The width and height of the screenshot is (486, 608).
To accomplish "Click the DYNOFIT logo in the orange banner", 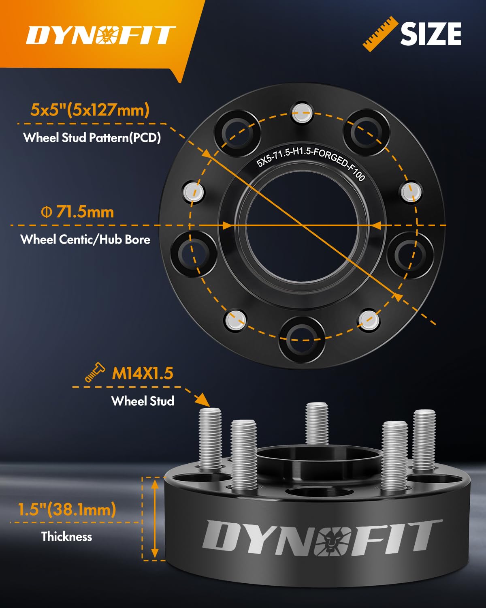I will click(100, 35).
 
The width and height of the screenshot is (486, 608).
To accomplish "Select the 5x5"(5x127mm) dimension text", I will click(90, 110).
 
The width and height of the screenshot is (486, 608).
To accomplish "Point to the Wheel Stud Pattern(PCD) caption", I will click(92, 138).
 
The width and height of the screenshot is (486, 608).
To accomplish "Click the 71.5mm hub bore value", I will click(78, 212).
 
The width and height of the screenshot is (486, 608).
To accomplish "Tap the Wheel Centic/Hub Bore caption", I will click(85, 239).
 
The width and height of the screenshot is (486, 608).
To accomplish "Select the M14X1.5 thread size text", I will click(142, 373).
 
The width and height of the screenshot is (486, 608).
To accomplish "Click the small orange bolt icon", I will click(94, 372).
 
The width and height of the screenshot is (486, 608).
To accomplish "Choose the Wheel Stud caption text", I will click(143, 401).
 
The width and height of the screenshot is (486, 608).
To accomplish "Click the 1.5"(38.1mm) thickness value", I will click(67, 509).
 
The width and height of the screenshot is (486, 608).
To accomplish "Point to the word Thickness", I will click(67, 537).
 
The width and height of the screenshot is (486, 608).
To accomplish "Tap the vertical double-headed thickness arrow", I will click(155, 518).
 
